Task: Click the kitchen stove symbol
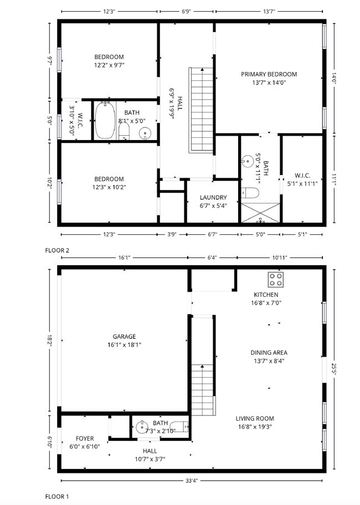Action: coord(275,279)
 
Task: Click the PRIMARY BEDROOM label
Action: coord(269,74)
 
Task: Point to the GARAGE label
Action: coord(124,336)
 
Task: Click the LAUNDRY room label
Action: coord(213,197)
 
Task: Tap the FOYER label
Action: coord(85,438)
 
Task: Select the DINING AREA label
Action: coord(269,352)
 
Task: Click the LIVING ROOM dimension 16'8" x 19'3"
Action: coord(255,426)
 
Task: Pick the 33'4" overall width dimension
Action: coord(192,480)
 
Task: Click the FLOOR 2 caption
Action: coord(57,250)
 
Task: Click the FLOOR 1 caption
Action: coord(57,497)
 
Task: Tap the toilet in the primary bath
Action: coord(250,193)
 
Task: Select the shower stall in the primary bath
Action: coord(260,213)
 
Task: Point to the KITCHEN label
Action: coord(266,295)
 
